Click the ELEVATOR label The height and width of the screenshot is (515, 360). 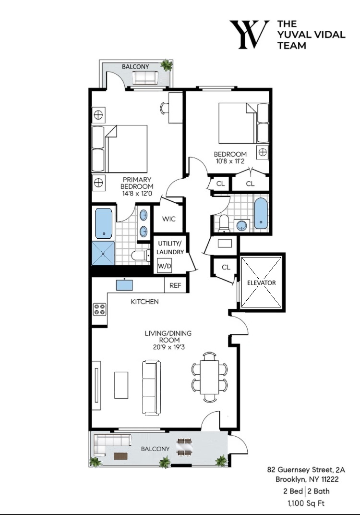point(261,282)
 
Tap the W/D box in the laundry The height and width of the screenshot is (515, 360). point(165,266)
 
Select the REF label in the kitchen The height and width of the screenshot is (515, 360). point(175,285)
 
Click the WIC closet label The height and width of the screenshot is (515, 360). point(168,219)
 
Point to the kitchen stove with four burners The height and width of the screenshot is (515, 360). point(100,309)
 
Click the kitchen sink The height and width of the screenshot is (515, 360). point(124,285)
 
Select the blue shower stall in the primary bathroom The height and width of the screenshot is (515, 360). point(103,253)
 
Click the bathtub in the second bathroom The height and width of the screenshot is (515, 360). point(261,213)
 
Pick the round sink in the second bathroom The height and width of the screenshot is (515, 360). point(242,226)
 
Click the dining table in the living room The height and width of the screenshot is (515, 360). point(209,377)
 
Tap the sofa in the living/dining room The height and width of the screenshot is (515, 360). point(151,388)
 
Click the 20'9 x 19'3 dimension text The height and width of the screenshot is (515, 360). point(168,347)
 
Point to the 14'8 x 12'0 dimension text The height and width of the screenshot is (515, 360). point(137,194)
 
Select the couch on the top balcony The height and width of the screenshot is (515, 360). point(145,78)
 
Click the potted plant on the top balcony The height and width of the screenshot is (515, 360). point(167,65)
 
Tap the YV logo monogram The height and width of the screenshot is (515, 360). point(249,35)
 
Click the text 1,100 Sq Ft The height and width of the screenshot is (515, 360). point(306,503)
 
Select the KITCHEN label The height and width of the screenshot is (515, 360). point(145,302)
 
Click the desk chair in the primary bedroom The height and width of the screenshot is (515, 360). point(164,108)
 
